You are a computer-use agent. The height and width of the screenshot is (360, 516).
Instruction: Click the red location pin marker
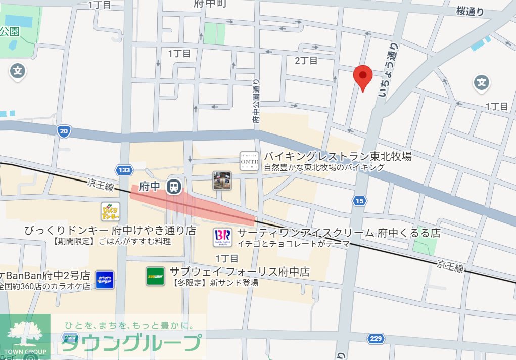pos(362,77)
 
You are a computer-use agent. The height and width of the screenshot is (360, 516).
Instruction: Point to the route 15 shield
pos(359,201)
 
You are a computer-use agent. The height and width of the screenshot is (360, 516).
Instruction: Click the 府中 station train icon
pos(174,187)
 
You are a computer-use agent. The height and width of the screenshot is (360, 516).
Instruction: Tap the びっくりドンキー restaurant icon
pos(110,211)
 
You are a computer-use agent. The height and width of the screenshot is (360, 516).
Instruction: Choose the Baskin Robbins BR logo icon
pos(222,237)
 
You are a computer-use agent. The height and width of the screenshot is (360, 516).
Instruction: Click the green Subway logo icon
pos(156,276)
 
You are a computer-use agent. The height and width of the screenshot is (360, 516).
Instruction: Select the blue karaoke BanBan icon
pos(105,279)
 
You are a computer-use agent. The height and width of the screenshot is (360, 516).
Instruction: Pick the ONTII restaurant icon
pos(249,161)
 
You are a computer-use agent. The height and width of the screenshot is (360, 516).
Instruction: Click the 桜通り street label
pos(470,11)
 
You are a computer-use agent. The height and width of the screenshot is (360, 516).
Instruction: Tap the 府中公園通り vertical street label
pos(256,101)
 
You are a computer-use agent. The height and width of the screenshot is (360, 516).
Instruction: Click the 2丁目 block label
pos(306,61)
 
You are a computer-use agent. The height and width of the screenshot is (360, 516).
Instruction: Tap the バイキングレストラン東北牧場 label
pos(338,156)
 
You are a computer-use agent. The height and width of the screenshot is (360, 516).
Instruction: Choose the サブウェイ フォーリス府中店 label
pos(240,272)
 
